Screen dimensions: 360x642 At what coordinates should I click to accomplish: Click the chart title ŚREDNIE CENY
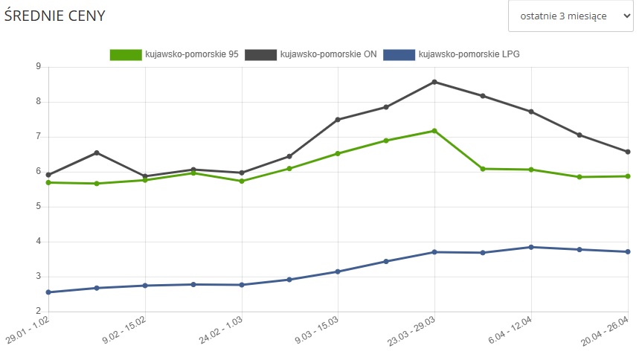coord(54,16)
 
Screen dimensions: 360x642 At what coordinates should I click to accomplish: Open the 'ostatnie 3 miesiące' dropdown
coord(571,16)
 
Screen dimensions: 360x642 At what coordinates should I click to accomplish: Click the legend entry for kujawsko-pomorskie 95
coord(174,54)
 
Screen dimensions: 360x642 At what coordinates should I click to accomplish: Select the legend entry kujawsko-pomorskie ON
coord(326,54)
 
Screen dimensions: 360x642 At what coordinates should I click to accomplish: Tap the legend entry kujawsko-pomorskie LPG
coord(457,54)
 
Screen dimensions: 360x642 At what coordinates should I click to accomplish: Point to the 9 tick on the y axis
coord(36,67)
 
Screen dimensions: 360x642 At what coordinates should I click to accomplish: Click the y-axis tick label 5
coord(36,207)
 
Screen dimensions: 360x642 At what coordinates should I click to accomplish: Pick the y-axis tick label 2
coord(36,312)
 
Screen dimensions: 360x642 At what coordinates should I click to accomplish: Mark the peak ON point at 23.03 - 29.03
coord(434,82)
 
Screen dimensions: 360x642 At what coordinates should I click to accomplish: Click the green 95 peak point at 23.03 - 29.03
coord(434,131)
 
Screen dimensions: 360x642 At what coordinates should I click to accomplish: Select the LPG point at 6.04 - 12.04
coord(531,247)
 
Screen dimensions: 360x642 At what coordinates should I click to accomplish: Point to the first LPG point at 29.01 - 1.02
coord(48,292)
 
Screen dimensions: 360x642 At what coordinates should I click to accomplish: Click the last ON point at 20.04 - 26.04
coord(628,152)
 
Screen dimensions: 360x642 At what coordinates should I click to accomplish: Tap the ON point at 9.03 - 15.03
coord(338,120)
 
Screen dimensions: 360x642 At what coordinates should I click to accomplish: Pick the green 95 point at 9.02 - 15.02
coord(145,180)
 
